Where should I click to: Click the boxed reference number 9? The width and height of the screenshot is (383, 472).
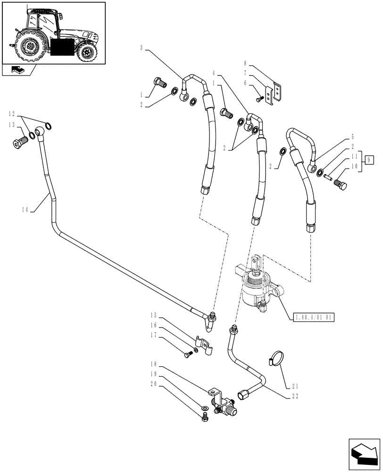369,160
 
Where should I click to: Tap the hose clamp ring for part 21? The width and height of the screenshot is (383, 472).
275,358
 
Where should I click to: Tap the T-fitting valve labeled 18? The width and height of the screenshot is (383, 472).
220,402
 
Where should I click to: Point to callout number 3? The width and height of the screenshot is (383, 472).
142,48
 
